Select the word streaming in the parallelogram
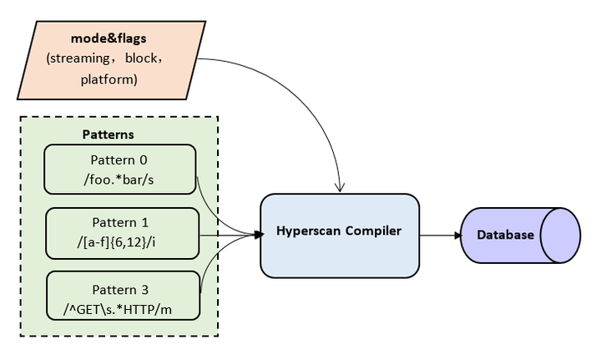tap(78, 59)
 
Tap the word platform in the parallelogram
tap(109, 80)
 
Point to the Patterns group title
tap(108, 134)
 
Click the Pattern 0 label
tap(119, 159)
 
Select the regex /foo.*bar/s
tap(119, 178)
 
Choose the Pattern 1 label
tap(122, 222)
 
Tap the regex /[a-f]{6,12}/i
tap(122, 241)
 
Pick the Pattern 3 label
tap(123, 289)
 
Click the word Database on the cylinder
tap(505, 235)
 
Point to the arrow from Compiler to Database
tap(438, 236)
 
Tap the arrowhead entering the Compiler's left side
tap(255, 236)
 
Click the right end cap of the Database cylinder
tap(560, 235)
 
